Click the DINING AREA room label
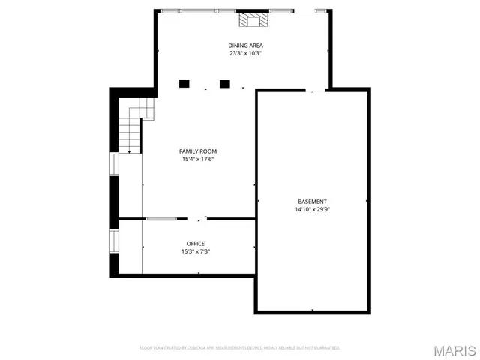click(x=241, y=46)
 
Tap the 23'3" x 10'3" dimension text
click(x=241, y=54)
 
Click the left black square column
click(x=184, y=83)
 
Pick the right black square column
click(x=224, y=83)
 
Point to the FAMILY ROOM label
click(x=198, y=151)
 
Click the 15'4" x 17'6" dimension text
click(x=198, y=159)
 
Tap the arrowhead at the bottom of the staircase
click(x=130, y=151)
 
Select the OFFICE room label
click(x=196, y=244)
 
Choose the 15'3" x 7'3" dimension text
click(x=196, y=252)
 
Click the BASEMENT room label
click(x=312, y=202)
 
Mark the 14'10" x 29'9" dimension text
click(x=312, y=210)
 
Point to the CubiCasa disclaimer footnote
click(x=241, y=348)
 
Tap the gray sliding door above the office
click(x=161, y=219)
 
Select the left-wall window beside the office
click(x=114, y=241)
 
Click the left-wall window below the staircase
click(x=114, y=164)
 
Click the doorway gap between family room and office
click(x=196, y=219)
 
